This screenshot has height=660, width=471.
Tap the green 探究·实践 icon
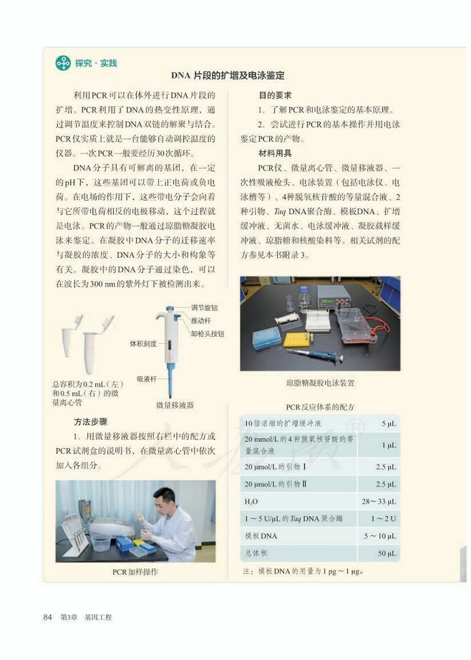coord(63,62)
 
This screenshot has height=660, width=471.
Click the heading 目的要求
coord(275,95)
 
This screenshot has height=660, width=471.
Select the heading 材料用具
coord(275,153)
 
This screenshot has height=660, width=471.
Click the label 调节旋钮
coord(204,307)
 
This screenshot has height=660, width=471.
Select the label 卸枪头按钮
coord(207,333)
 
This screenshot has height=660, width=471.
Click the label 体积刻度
coord(143,343)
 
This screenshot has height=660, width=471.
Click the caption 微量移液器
coord(175,405)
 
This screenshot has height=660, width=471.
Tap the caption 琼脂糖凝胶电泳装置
coord(320,383)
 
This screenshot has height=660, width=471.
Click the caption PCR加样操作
coord(135,572)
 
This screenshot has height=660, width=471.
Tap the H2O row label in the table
coord(251,501)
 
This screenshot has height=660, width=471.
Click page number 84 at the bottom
coord(49,617)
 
